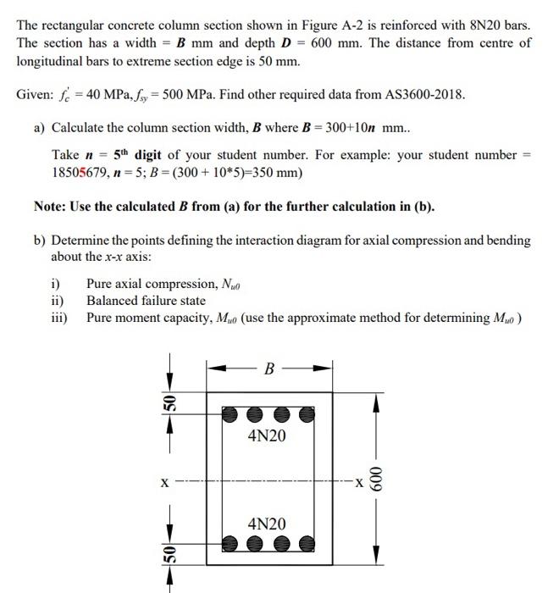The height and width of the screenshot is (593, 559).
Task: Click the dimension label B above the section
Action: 269,369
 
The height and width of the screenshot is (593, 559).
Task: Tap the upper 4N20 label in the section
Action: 267,436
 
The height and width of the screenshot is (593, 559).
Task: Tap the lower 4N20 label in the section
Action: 267,524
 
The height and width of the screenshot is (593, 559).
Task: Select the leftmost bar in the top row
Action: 230,415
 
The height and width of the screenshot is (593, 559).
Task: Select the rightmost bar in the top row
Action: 307,415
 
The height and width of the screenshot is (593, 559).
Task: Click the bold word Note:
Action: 53,206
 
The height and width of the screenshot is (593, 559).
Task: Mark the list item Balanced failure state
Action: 146,301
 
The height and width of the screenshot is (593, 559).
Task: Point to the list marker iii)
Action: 59,318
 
